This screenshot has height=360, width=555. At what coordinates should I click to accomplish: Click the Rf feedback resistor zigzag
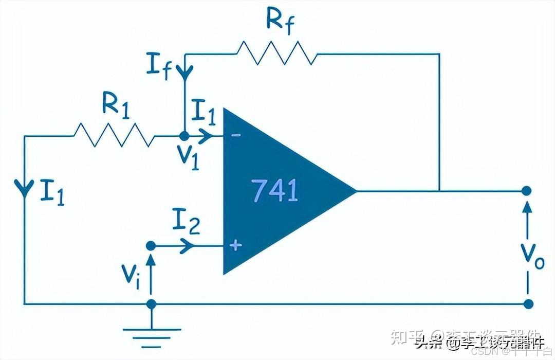coord(276,53)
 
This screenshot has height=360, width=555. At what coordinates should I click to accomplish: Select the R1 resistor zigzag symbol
coord(114,136)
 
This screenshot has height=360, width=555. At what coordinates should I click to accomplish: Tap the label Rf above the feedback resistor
coord(281,21)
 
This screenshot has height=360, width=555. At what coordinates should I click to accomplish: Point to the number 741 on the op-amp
coord(274,190)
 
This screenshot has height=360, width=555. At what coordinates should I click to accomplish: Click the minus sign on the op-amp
coord(235,135)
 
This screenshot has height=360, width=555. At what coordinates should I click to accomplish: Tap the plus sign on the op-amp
coord(235,245)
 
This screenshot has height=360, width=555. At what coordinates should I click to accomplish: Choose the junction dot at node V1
coord(183,136)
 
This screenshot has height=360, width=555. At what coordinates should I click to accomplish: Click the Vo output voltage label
coord(531,254)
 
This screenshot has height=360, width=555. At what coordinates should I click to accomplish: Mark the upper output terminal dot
coord(526,191)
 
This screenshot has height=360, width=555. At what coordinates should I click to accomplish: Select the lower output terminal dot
coord(526,303)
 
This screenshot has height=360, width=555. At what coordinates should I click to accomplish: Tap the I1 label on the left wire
coord(53,192)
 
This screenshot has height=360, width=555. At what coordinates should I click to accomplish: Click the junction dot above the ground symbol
coord(151,304)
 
